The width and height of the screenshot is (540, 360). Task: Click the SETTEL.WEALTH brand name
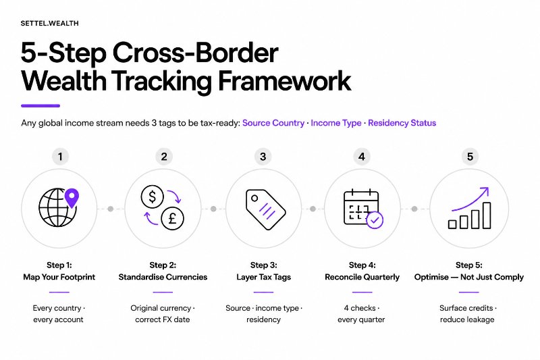click(x=49, y=24)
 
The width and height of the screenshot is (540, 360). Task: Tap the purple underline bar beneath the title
click(x=40, y=106)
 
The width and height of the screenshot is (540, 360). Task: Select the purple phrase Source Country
click(x=273, y=123)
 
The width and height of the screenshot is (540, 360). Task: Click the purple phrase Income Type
click(x=336, y=123)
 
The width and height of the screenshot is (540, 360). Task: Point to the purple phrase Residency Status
click(x=402, y=123)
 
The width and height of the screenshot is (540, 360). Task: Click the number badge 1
click(x=60, y=157)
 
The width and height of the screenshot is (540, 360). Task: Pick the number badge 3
click(x=263, y=157)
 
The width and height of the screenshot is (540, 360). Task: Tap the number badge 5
click(x=470, y=157)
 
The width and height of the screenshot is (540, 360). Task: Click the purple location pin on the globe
click(x=72, y=198)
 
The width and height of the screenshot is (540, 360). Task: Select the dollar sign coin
click(x=153, y=197)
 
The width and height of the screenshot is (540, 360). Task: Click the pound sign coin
click(x=173, y=218)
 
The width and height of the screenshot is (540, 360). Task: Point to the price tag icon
click(x=265, y=209)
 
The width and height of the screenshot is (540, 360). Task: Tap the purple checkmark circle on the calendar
click(x=375, y=220)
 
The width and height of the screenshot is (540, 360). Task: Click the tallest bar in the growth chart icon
click(x=487, y=215)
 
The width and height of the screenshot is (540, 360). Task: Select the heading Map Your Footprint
click(x=59, y=277)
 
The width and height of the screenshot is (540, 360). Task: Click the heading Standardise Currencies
click(x=163, y=277)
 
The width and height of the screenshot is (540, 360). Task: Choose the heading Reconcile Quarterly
click(x=362, y=277)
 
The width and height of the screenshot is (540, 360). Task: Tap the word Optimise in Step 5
click(x=431, y=277)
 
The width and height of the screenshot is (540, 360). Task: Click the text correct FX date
click(x=163, y=319)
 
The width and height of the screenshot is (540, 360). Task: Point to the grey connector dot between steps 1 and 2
click(x=111, y=209)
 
